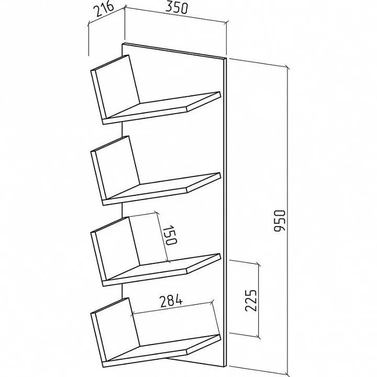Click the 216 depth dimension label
(x=103, y=9)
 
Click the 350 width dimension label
(x=176, y=8)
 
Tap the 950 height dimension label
(x=280, y=221)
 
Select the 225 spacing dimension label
(x=251, y=301)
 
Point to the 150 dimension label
(x=170, y=235)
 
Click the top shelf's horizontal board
(x=162, y=108)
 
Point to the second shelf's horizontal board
(x=162, y=189)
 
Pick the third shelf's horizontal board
(x=162, y=270)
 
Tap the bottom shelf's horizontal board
(x=162, y=351)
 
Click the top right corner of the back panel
(x=227, y=59)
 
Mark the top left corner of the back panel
(x=123, y=44)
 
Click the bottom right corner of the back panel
(x=227, y=367)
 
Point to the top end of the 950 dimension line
(x=287, y=67)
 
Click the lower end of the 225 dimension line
(x=259, y=337)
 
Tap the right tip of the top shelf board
(x=220, y=92)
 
